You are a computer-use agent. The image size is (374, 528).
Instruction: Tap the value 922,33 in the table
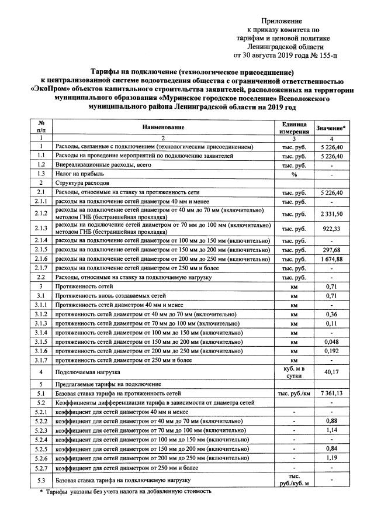331,229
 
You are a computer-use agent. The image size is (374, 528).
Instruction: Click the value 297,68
331,250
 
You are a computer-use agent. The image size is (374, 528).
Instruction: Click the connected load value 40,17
331,371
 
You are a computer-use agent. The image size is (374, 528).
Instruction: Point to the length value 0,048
331,341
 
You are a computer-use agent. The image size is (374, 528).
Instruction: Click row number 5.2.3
41,431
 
